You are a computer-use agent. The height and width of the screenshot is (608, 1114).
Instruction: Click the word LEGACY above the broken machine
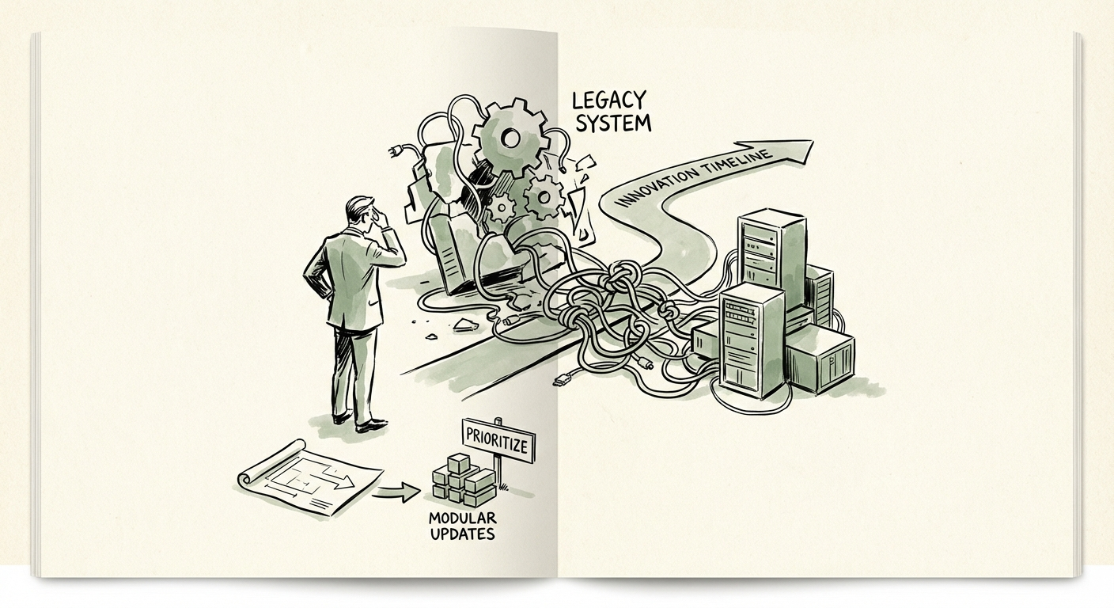608,101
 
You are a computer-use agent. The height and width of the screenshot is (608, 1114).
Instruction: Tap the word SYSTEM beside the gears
614,123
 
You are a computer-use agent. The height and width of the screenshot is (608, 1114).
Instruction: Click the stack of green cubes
464,480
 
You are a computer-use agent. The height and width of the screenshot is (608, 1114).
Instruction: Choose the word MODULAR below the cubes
462,519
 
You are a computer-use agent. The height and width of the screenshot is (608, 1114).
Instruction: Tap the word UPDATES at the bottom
463,534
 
